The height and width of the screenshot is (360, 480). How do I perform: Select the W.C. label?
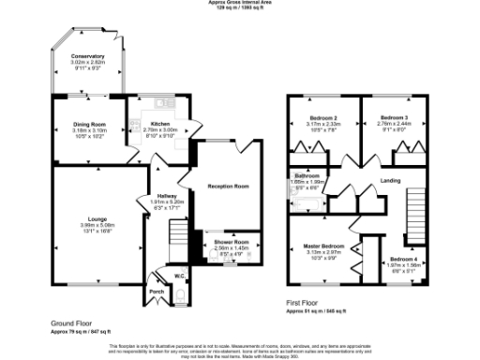tap(179, 276)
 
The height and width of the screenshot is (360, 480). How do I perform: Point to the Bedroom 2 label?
tap(323, 117)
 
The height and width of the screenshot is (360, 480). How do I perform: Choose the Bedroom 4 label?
tap(404, 259)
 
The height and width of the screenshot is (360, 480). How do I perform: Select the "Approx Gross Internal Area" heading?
tap(239, 3)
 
